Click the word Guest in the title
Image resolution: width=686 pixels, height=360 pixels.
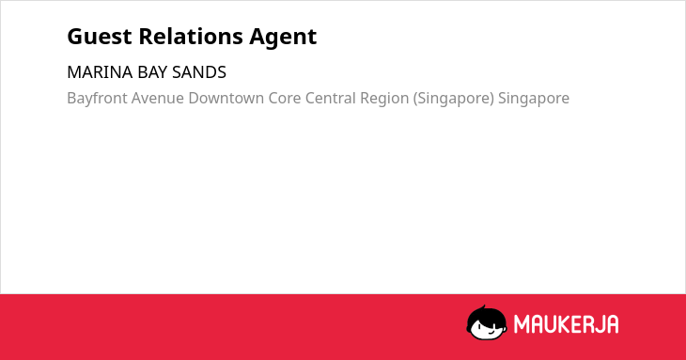coord(100,37)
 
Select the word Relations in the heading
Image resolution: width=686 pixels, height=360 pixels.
coord(191,37)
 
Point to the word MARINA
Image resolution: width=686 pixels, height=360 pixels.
coord(100,72)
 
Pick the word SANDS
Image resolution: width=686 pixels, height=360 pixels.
coord(199,72)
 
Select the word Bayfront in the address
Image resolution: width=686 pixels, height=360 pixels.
coord(97,99)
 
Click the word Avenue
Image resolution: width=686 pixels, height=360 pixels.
coord(158,99)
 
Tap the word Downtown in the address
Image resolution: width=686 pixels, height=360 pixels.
coord(226,99)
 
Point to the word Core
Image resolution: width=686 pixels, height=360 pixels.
coord(285,99)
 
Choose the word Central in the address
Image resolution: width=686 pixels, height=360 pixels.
coord(330,99)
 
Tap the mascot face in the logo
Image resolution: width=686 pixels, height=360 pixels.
coord(487,323)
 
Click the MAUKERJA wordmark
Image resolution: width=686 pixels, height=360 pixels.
coord(566,324)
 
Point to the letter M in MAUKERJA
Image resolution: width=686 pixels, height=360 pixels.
coord(521,324)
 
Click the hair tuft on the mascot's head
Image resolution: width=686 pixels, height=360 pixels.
coord(484,307)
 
